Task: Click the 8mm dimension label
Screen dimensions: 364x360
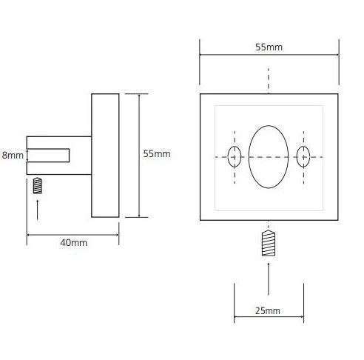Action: (x=13, y=156)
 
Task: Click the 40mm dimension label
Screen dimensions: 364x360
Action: (x=73, y=243)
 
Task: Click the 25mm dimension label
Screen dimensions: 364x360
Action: (x=268, y=311)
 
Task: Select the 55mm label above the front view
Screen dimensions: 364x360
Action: (x=269, y=47)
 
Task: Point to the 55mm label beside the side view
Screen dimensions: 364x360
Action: (x=157, y=154)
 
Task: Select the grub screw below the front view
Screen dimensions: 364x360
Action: (x=269, y=243)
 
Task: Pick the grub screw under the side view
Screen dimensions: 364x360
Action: (x=38, y=185)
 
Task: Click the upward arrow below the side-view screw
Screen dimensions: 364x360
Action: (x=38, y=210)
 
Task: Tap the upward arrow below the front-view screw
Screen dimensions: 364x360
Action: (x=269, y=279)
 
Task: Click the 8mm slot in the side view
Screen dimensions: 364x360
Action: (x=48, y=156)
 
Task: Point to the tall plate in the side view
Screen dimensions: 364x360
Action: (x=105, y=156)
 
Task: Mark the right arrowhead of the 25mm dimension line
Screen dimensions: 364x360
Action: (x=301, y=316)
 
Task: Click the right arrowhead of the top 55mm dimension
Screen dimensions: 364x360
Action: (x=337, y=55)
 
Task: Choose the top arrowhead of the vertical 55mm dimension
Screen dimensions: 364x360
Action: (x=139, y=96)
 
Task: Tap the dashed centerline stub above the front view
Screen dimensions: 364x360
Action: (x=269, y=80)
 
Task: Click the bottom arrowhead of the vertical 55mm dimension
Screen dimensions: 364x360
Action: (x=139, y=216)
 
